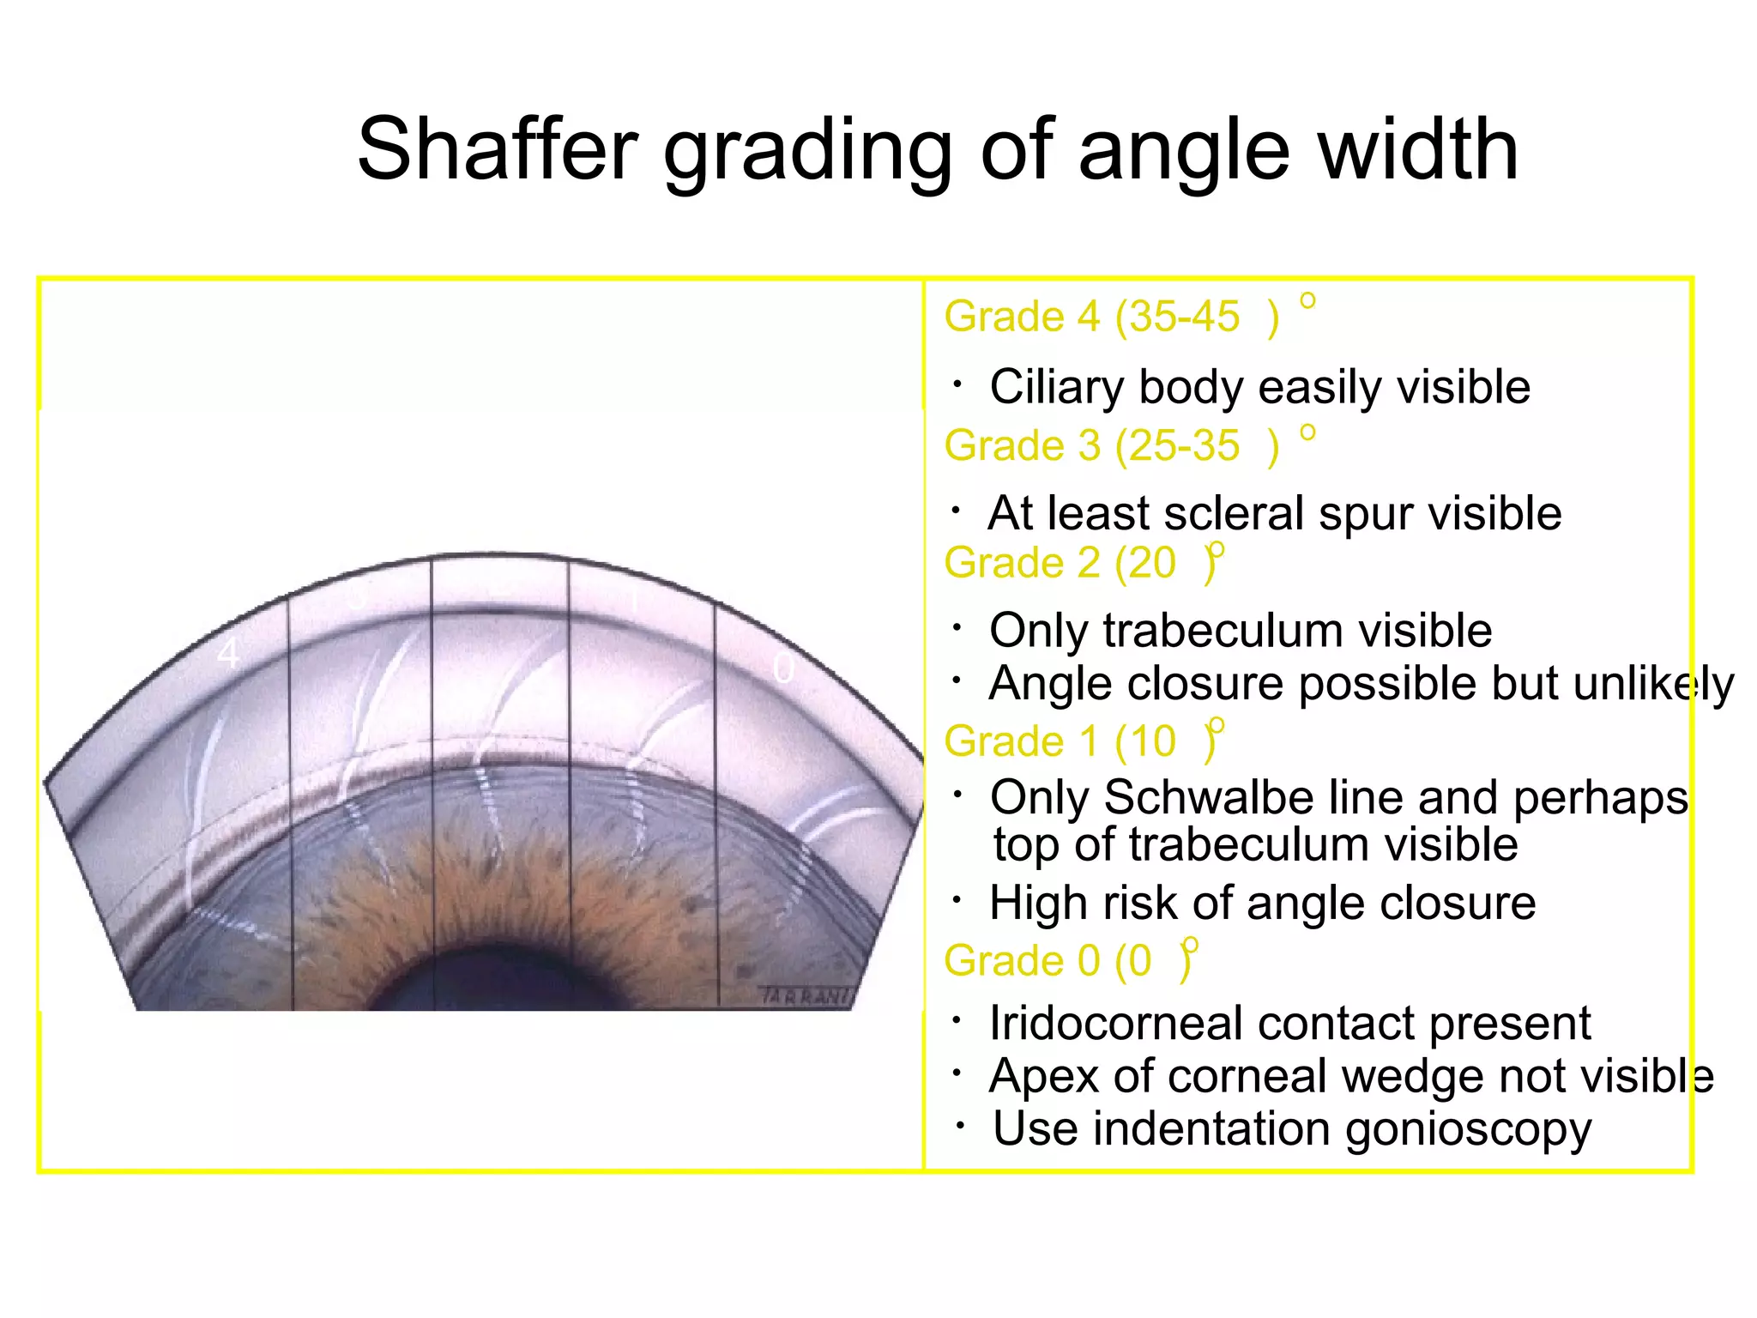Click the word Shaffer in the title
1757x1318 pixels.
click(498, 149)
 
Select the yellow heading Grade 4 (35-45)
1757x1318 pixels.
click(1112, 317)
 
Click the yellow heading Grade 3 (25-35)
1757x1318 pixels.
click(1112, 445)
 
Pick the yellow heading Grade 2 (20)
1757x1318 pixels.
click(1081, 563)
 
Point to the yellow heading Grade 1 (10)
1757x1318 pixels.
click(1081, 741)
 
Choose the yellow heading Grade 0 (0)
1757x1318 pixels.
click(1067, 960)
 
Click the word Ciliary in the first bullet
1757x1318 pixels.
click(1056, 387)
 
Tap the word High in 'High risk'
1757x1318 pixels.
click(1039, 903)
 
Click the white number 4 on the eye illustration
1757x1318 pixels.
click(227, 655)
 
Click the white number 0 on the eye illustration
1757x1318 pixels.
click(783, 668)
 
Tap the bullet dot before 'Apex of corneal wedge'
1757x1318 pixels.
click(957, 1073)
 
